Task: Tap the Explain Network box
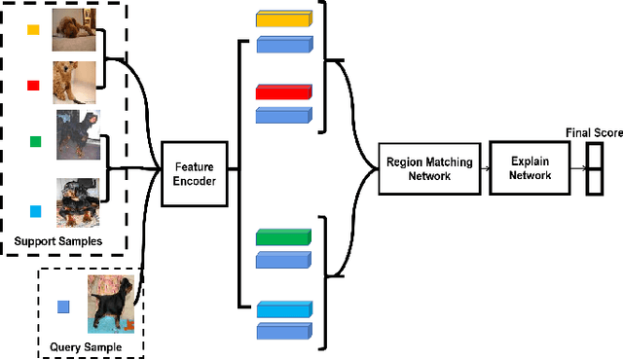(x=530, y=168)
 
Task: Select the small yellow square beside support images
(x=33, y=30)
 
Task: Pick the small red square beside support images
(x=33, y=86)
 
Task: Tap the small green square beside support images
(x=35, y=141)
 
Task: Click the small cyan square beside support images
(x=35, y=211)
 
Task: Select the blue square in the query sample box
(x=63, y=306)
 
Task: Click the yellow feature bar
(x=282, y=19)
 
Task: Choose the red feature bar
(x=282, y=92)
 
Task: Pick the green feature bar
(x=282, y=236)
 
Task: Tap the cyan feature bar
(x=282, y=308)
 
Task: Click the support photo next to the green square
(x=78, y=134)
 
